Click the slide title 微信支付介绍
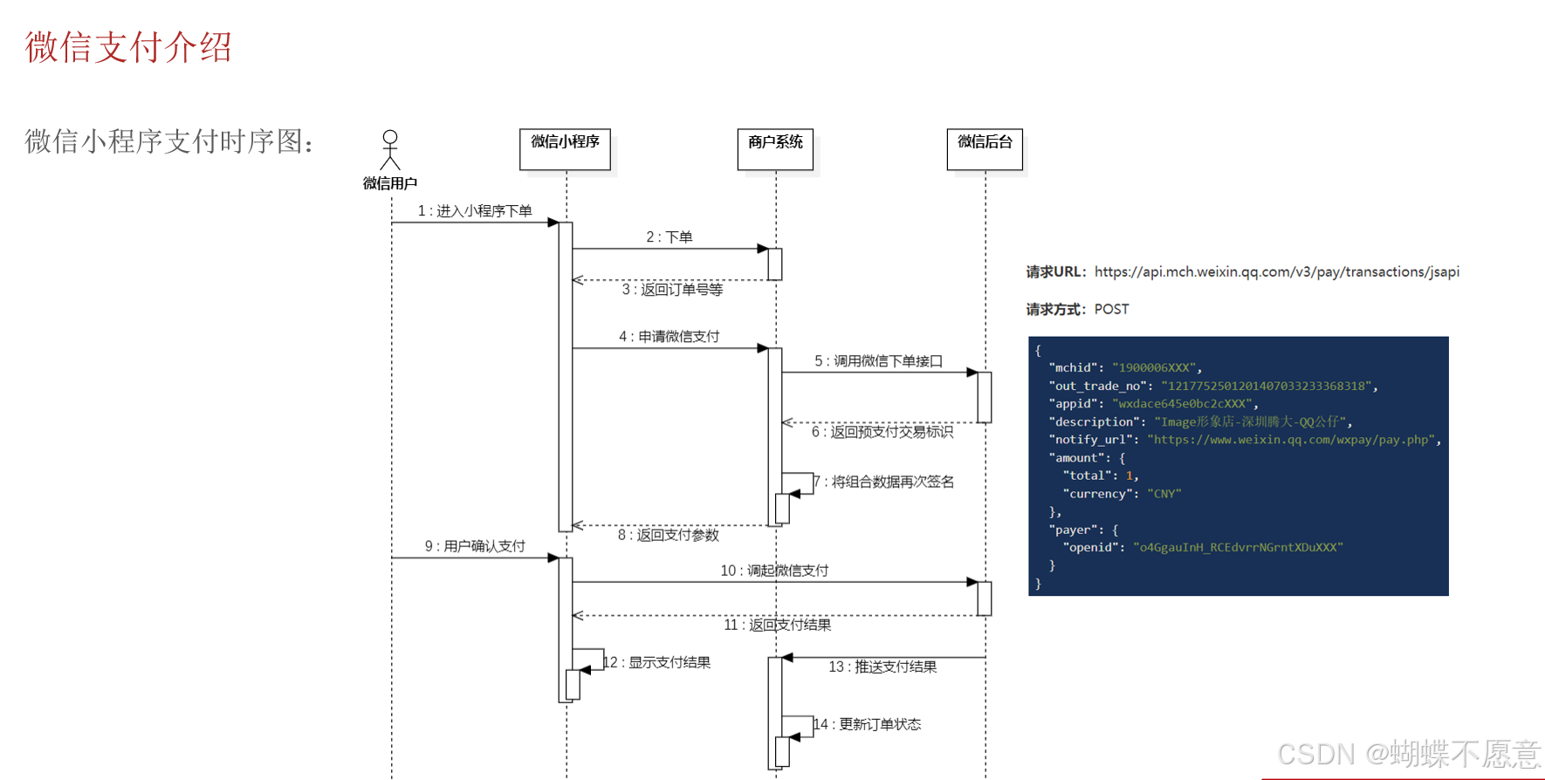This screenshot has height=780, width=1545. click(128, 47)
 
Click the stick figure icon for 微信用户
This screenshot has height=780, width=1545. click(390, 150)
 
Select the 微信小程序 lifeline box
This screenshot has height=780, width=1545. click(565, 148)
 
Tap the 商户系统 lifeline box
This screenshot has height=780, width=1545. click(775, 148)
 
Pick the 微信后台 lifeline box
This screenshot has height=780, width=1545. click(985, 148)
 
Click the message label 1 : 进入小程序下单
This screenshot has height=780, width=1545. click(475, 211)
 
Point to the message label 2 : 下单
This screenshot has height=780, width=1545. click(669, 237)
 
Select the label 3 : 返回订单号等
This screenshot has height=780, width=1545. click(672, 290)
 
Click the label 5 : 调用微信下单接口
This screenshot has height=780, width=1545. click(878, 361)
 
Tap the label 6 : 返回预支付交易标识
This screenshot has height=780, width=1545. click(882, 432)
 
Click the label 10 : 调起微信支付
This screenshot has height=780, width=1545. click(774, 571)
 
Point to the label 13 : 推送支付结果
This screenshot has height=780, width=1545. click(882, 667)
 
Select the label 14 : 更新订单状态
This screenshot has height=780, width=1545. click(868, 724)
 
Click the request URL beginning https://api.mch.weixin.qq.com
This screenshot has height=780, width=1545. click(1276, 272)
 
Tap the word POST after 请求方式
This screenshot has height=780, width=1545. click(1111, 310)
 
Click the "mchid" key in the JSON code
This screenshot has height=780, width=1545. click(1073, 368)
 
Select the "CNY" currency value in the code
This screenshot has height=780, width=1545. click(1164, 494)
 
